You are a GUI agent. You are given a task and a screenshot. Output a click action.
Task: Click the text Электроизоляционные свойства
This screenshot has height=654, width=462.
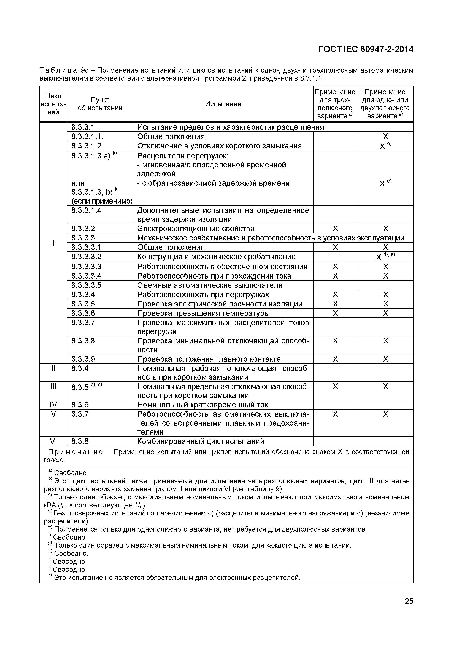pos(196,228)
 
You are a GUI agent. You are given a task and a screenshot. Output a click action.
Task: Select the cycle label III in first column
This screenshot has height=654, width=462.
pos(53,386)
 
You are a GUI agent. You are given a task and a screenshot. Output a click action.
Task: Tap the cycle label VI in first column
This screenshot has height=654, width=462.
pos(53,441)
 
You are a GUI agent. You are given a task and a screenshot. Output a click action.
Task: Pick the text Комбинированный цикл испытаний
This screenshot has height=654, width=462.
pos(201,441)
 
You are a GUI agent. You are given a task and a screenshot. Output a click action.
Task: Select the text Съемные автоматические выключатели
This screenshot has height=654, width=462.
pos(210,285)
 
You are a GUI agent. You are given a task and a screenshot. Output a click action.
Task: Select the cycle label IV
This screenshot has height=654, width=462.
pos(53,405)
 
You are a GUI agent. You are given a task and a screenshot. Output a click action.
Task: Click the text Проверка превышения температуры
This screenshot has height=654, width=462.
pos(203,313)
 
